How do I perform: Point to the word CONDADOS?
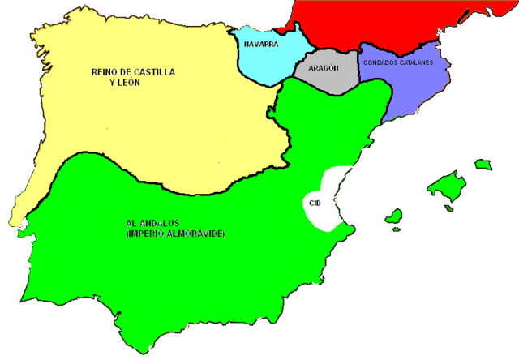pyautogui.click(x=382, y=62)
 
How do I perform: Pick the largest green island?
pyautogui.click(x=448, y=185)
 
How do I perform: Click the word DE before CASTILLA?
pyautogui.click(x=127, y=72)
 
